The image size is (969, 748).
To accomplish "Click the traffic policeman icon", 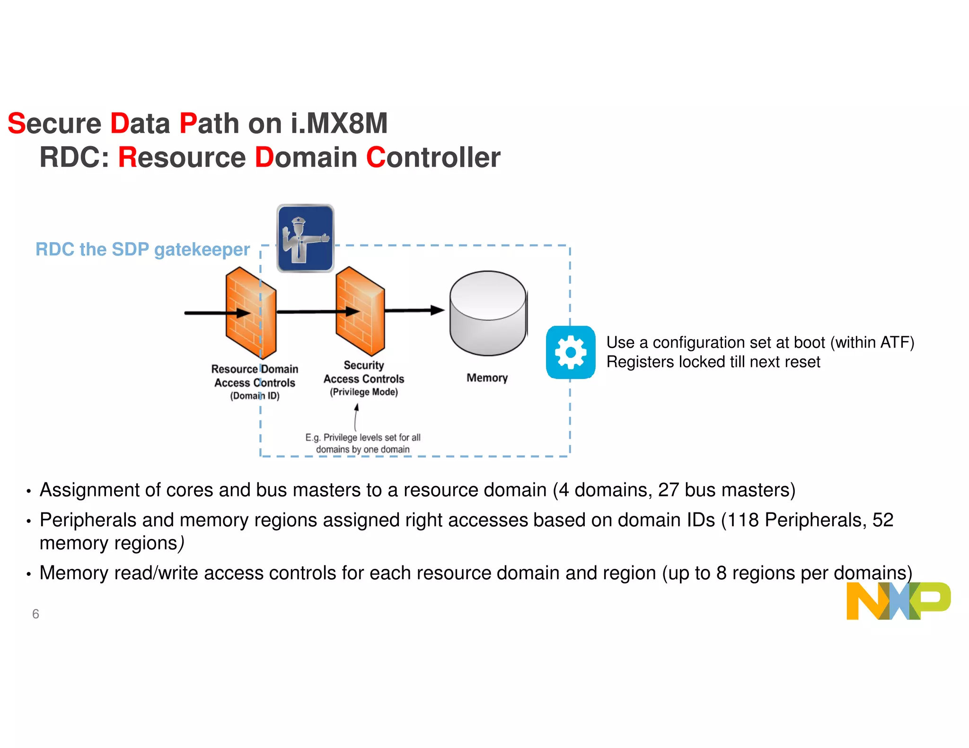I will coord(305,238).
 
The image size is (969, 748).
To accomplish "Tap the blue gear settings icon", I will coord(570,352).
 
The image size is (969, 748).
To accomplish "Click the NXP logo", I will coord(898,600).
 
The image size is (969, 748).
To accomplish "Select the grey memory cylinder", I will coord(488,313).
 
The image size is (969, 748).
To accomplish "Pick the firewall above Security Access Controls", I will coord(360,311).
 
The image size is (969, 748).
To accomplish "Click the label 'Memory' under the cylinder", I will coord(487,378).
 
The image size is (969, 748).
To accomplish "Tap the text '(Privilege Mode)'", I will coord(364,392).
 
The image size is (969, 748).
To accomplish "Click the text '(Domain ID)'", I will coord(255,396).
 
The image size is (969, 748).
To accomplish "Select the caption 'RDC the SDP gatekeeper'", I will coord(142,249).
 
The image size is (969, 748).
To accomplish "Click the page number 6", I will coord(35,614).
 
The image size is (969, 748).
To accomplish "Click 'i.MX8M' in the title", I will coord(339,123).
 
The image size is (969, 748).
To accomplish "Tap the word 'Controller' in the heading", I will coord(433,157).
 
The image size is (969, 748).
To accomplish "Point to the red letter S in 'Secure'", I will coord(16,123).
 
